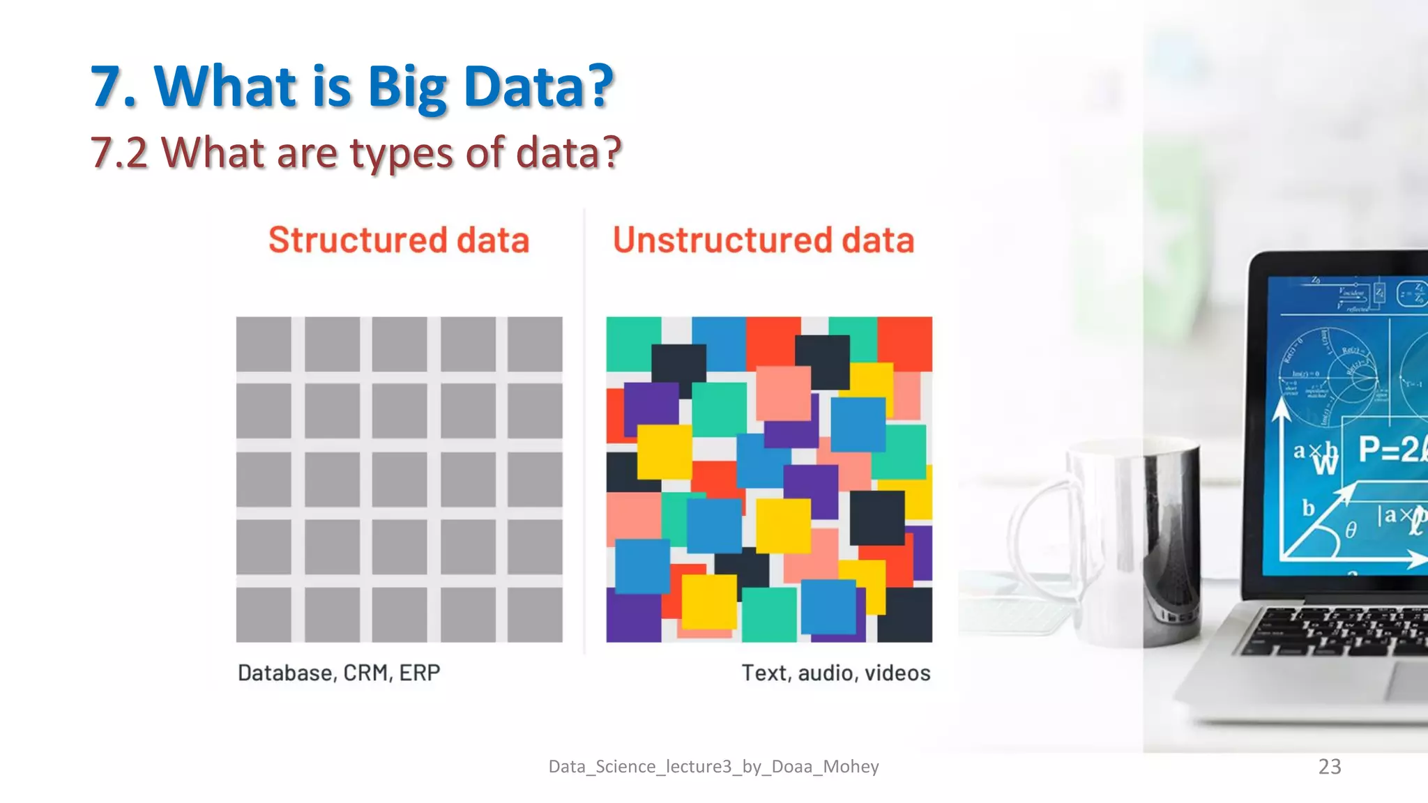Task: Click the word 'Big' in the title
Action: pos(407,88)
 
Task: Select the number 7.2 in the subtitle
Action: pos(119,153)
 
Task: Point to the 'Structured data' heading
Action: pos(399,240)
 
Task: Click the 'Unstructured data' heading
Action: pos(764,240)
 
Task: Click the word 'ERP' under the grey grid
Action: pos(420,673)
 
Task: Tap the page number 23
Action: pos(1330,766)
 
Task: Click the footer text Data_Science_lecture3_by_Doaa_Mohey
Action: pos(713,767)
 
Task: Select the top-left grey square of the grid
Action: pos(264,344)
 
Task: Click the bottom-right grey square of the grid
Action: pos(535,615)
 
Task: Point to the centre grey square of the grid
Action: pos(400,480)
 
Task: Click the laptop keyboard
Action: pos(1339,631)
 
